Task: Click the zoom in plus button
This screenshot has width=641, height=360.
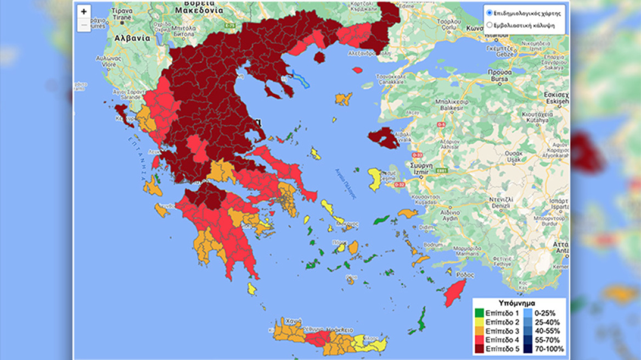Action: point(83,12)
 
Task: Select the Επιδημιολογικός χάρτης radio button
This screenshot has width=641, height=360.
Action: point(489,12)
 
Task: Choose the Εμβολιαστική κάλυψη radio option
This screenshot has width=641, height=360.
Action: point(489,25)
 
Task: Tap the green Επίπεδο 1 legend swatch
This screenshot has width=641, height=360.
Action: point(479,313)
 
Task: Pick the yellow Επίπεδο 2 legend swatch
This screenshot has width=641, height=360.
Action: point(479,322)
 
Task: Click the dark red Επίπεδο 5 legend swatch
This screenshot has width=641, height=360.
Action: point(479,348)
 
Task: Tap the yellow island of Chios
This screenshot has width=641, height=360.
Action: point(375,179)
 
